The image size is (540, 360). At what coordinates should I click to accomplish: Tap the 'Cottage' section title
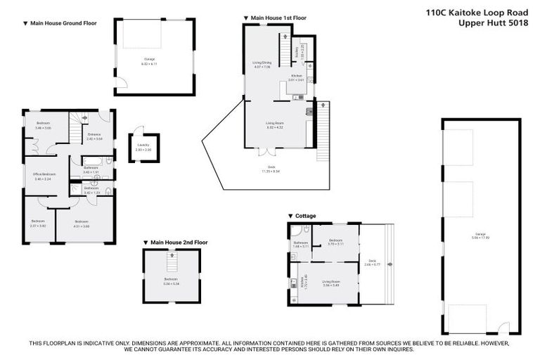coord(304,216)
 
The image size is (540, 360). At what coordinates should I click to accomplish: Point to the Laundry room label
coord(143,148)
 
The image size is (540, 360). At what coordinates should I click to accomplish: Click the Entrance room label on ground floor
coord(94,138)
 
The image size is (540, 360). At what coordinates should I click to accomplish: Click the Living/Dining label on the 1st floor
coord(262,65)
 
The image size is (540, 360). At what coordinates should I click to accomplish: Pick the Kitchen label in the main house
coord(296,78)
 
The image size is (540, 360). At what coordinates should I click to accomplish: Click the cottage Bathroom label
coord(300,245)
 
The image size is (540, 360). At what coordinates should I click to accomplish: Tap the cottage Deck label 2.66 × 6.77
coord(371,263)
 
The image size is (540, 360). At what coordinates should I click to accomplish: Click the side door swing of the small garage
coord(122,85)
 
